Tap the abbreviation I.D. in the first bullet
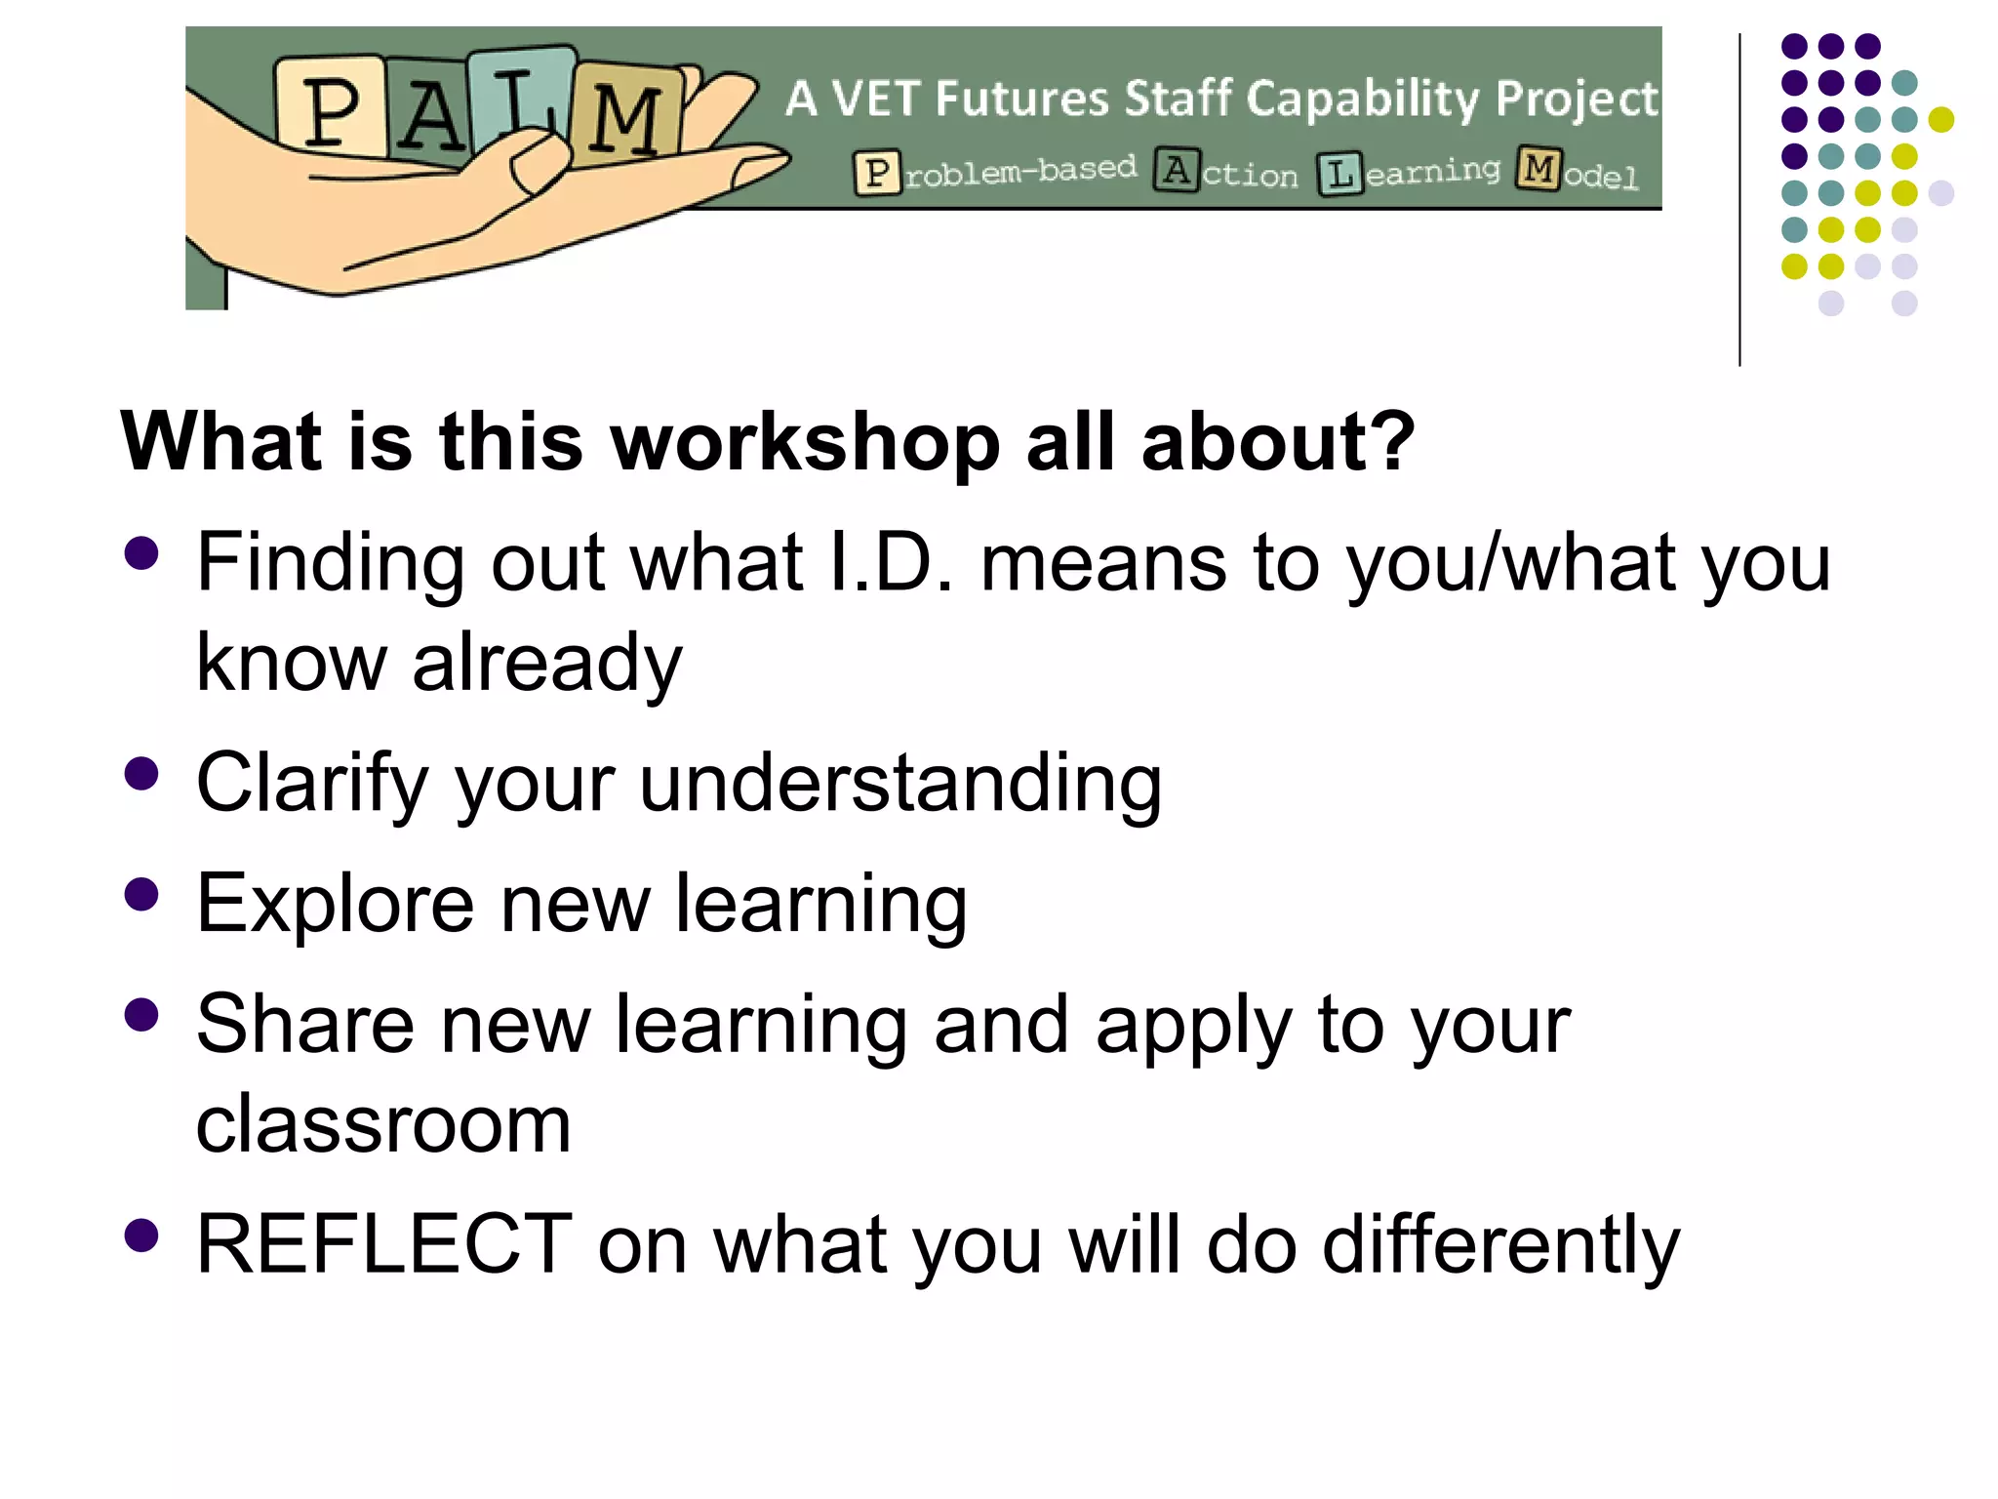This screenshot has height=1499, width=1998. (887, 564)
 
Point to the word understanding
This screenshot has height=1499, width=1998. (899, 784)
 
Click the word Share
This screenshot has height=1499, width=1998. (304, 1025)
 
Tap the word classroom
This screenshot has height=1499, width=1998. (382, 1125)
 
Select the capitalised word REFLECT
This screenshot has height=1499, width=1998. (383, 1244)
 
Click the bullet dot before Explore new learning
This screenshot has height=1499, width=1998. (142, 895)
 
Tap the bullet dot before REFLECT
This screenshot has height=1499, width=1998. (142, 1235)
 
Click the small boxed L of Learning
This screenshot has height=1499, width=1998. (1339, 174)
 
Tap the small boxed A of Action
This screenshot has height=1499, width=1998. (1177, 171)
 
